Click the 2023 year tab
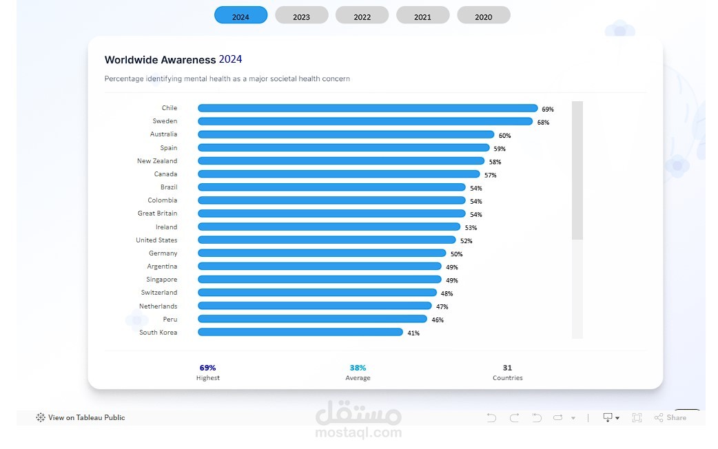tap(301, 16)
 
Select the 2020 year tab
tap(483, 16)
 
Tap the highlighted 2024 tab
tap(240, 16)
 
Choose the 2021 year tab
tap(422, 16)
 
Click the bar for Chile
tap(367, 108)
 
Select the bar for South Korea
tap(300, 332)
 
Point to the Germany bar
tap(322, 253)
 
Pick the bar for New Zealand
tap(341, 161)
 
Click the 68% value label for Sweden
tap(543, 123)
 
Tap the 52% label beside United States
tap(466, 241)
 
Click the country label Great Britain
tap(157, 213)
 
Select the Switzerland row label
tap(159, 293)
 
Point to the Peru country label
tap(170, 319)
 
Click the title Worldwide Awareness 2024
tap(173, 60)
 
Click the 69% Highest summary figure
tap(207, 368)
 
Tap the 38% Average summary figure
tap(358, 368)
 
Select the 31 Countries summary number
tap(507, 368)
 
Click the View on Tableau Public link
tap(86, 417)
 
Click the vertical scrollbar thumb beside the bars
tap(577, 170)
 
